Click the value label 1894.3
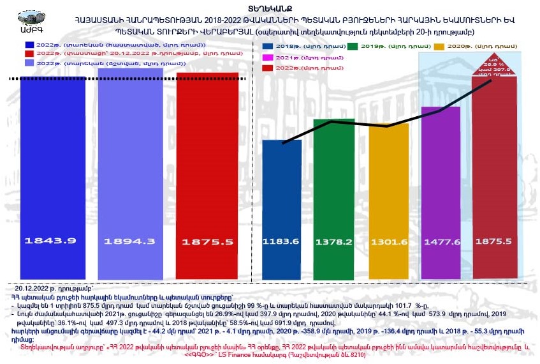click(x=129, y=241)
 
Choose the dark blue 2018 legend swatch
click(x=268, y=47)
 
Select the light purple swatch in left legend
click(x=29, y=64)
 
